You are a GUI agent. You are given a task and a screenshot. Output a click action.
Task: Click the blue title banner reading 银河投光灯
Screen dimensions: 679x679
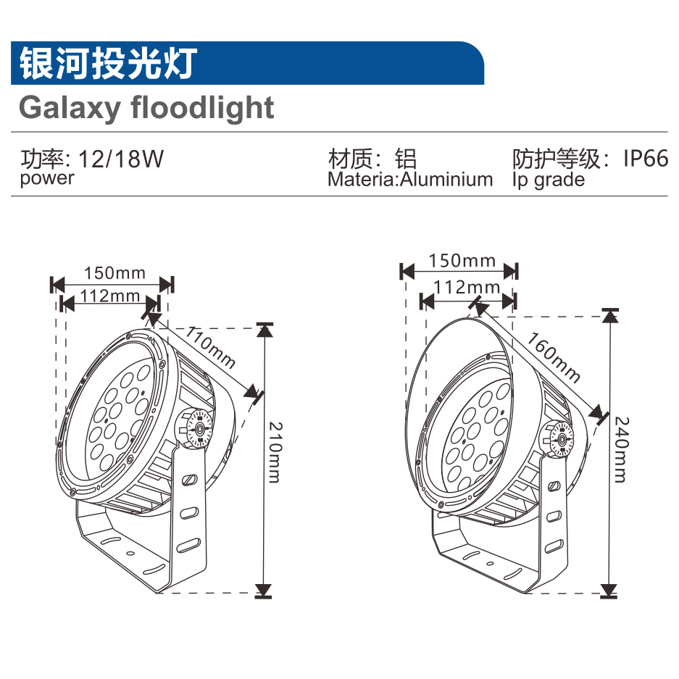[x=246, y=63]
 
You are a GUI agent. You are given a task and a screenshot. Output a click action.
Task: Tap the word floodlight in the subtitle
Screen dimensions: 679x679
[x=202, y=108]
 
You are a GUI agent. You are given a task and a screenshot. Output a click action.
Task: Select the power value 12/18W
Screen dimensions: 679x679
[x=121, y=159]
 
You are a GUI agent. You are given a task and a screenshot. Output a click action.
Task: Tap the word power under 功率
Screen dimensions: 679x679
[x=47, y=178]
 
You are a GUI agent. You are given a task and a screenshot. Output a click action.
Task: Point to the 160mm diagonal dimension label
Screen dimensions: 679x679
[x=553, y=357]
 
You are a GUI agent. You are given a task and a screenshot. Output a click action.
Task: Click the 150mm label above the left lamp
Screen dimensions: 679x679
[x=114, y=273]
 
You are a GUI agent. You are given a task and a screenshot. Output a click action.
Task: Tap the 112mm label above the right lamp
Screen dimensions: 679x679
[x=467, y=287]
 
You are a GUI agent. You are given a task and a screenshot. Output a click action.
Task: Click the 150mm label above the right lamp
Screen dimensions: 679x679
[x=462, y=260]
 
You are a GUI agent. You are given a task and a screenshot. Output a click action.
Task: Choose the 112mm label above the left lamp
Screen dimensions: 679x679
[x=110, y=295]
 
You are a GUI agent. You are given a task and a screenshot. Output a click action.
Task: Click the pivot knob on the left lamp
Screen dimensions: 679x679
[x=196, y=428]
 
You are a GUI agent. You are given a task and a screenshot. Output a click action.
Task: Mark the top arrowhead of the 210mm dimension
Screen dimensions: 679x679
[x=264, y=330]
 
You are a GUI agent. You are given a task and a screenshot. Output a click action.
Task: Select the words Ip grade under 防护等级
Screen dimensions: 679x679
[x=548, y=179]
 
